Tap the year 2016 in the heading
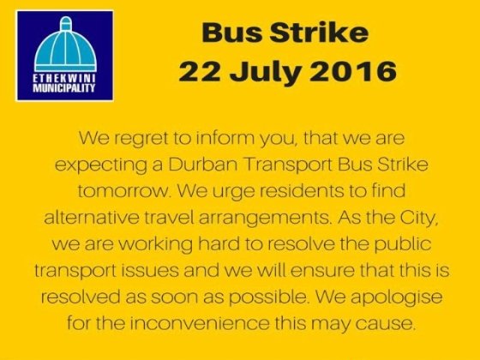point(353,71)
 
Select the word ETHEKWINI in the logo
point(64,79)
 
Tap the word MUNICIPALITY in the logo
point(64,88)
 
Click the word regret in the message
point(141,139)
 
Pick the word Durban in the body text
point(202,164)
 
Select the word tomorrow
point(123,191)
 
